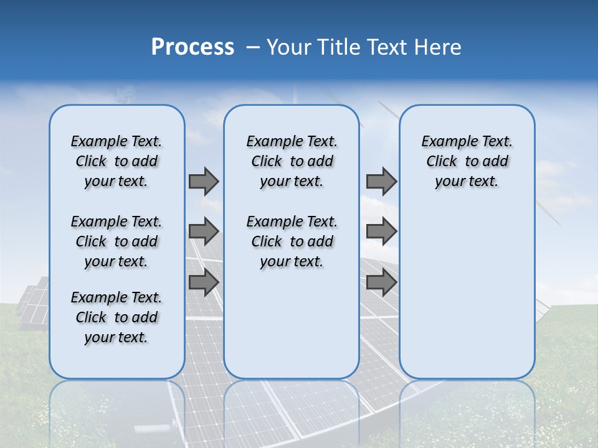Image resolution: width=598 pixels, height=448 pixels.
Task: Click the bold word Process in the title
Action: [192, 47]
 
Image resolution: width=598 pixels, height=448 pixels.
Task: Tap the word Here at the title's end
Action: [438, 47]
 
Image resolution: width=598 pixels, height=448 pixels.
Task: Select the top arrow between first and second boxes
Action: [203, 181]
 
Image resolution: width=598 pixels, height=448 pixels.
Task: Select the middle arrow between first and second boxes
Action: [203, 231]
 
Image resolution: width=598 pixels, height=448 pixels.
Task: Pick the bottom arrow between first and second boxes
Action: [203, 282]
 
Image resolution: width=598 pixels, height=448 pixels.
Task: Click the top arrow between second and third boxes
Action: [381, 181]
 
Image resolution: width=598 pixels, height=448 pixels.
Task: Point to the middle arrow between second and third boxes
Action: [381, 231]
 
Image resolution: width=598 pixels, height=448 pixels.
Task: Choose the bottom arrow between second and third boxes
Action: [381, 282]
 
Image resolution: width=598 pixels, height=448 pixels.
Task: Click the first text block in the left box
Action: [116, 161]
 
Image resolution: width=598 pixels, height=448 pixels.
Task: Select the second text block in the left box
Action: [116, 241]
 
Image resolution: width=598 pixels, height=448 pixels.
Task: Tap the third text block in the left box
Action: [116, 317]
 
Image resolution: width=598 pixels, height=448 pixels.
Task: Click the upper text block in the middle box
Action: [292, 161]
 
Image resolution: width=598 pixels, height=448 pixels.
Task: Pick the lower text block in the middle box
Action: [292, 241]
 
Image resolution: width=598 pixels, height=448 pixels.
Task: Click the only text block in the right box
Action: [467, 161]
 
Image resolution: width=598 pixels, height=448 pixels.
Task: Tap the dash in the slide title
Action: [253, 47]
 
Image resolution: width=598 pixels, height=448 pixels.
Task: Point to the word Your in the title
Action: [289, 47]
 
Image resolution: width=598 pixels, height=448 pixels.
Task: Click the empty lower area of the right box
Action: [467, 292]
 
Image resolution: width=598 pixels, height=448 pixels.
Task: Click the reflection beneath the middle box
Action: [292, 411]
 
